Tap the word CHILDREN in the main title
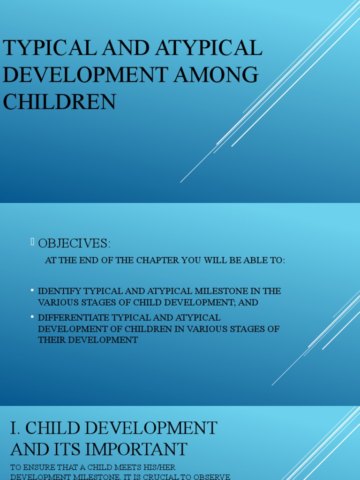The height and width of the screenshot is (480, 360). (60, 102)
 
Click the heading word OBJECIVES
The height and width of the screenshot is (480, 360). (74, 244)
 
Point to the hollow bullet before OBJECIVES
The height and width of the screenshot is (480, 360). (33, 242)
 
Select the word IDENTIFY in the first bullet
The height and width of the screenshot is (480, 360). (59, 291)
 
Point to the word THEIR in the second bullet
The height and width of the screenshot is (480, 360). (51, 340)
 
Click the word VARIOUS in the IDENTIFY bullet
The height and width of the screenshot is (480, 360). (57, 302)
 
